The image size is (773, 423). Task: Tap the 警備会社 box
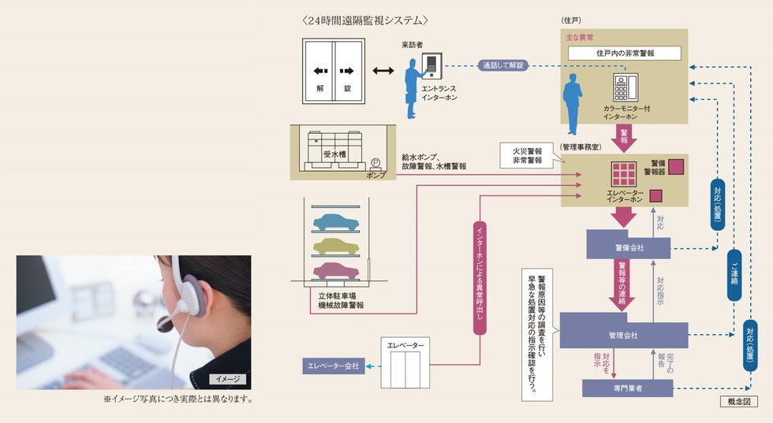point(629,247)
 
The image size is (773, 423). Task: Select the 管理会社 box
point(623,336)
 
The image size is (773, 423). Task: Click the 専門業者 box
point(628,388)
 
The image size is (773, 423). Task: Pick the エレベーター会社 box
point(333,366)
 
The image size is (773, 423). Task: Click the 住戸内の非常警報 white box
point(624,54)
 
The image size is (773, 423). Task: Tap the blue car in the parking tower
point(336,222)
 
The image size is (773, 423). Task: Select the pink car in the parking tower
point(336,272)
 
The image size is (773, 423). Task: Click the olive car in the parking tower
point(336,247)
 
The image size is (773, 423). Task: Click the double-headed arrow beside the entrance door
point(383,72)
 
